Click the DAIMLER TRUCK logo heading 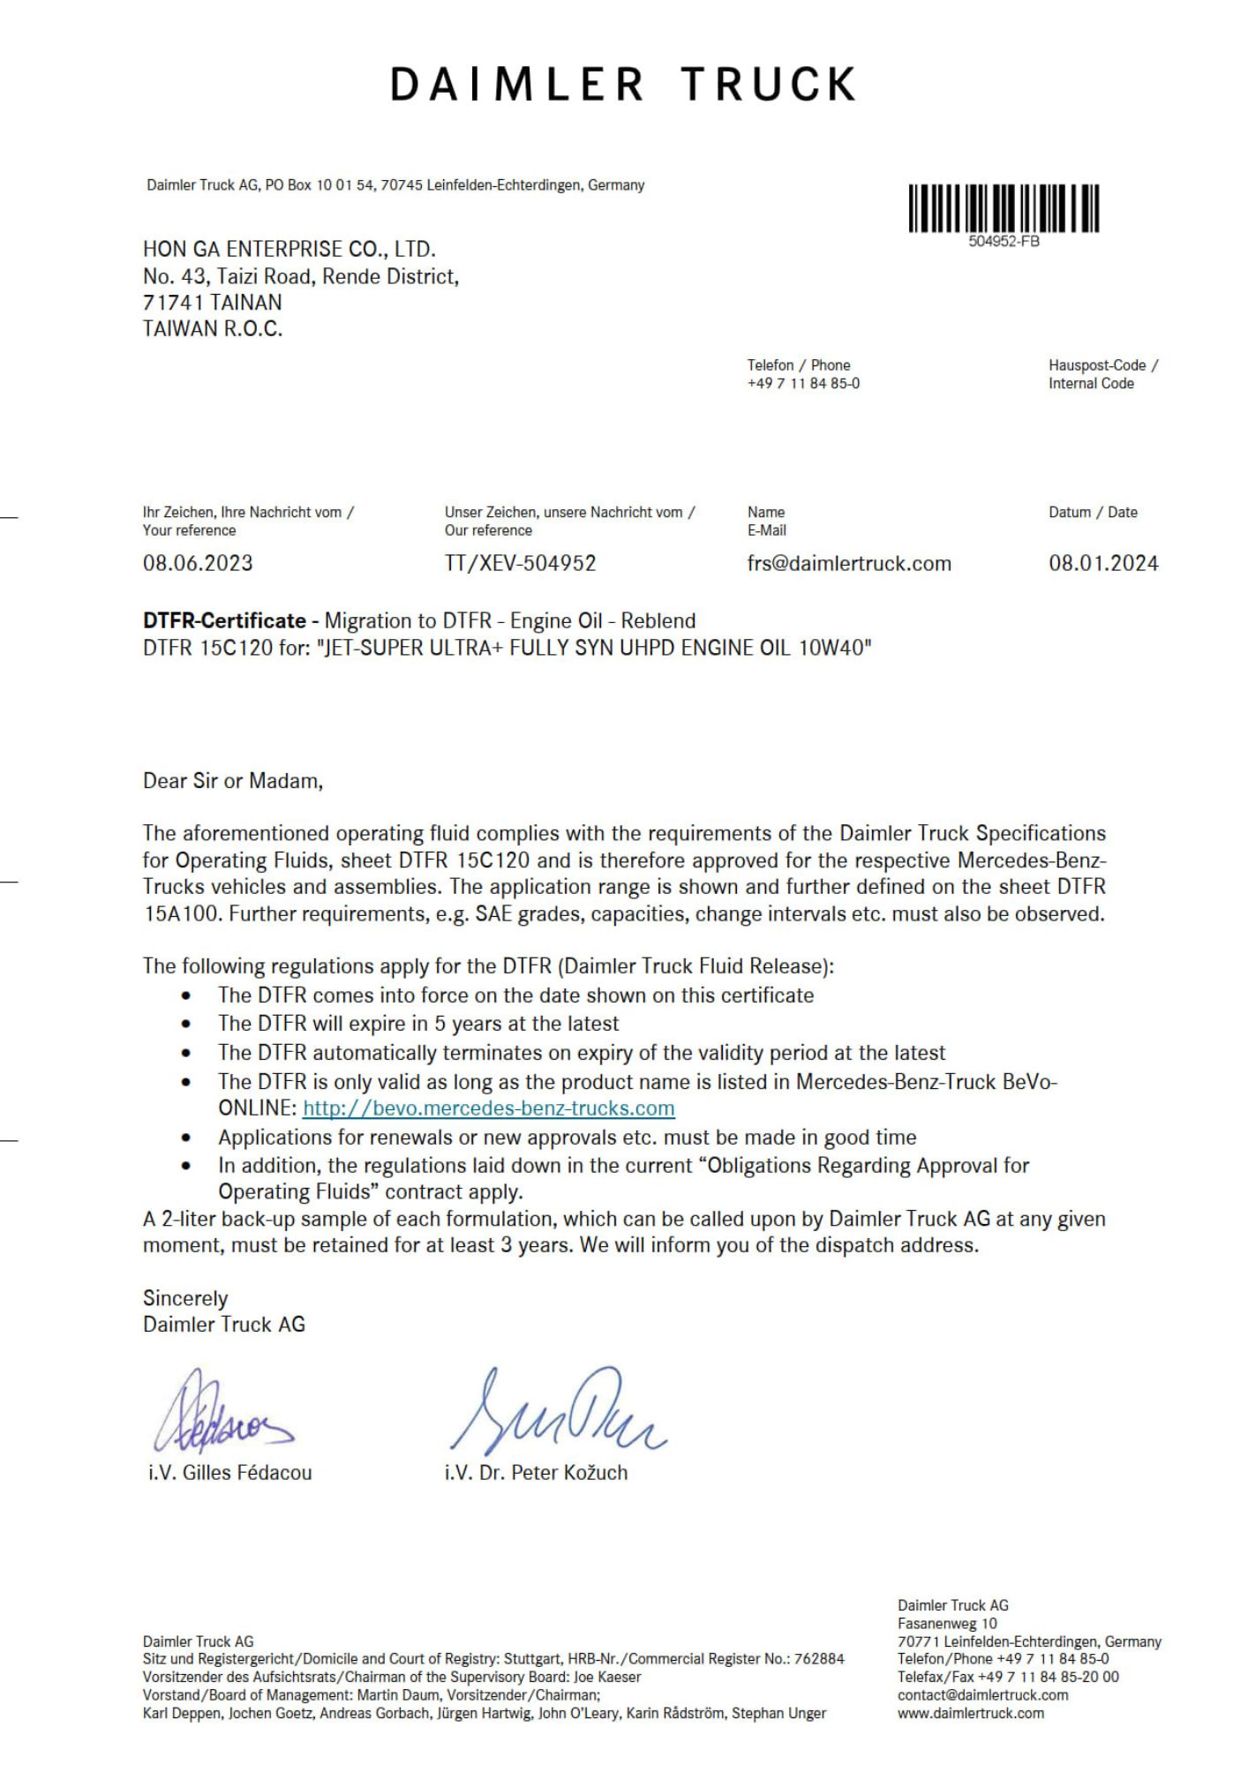coord(623,85)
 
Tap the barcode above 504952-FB coord(1004,208)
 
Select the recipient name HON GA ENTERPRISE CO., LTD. coord(289,250)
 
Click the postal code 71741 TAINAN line coord(213,303)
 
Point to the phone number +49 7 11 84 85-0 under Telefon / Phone coord(803,384)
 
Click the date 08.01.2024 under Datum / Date coord(1103,563)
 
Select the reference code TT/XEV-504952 coord(521,563)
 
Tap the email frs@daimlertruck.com coord(849,563)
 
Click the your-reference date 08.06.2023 coord(198,563)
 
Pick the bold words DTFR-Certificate coord(224,621)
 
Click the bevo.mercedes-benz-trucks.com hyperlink coord(488,1108)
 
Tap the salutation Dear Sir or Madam coord(233,781)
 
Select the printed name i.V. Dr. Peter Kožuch coord(536,1473)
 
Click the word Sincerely coord(185,1299)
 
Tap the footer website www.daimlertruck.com coord(971,1713)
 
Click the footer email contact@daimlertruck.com coord(982,1695)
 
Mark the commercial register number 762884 coord(819,1659)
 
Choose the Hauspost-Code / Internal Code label coord(1102,374)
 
